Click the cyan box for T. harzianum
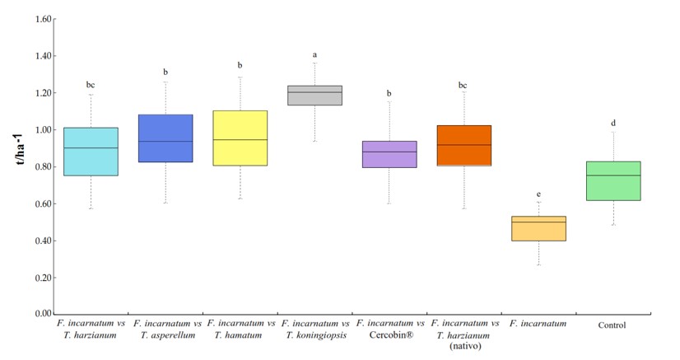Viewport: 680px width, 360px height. point(91,152)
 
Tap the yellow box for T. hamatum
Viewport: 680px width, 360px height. point(240,138)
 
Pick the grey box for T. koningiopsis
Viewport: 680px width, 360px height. point(314,95)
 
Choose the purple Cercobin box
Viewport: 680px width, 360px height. point(389,154)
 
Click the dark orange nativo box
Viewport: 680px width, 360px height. point(463,146)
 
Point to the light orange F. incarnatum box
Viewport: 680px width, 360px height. point(538,228)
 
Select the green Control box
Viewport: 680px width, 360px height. point(613,180)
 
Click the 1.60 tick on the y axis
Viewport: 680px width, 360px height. point(42,19)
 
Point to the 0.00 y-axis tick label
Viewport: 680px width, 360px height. point(42,315)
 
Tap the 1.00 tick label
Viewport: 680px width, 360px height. point(42,130)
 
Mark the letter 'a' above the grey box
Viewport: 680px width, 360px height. point(314,55)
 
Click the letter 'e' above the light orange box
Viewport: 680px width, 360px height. point(538,193)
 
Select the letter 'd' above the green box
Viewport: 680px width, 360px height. point(613,124)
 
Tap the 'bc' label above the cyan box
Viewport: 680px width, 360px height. point(91,85)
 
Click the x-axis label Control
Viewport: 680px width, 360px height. point(612,325)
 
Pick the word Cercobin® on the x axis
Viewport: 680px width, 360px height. point(389,335)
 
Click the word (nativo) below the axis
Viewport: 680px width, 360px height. point(463,346)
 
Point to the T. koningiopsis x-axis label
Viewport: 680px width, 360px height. point(314,335)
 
